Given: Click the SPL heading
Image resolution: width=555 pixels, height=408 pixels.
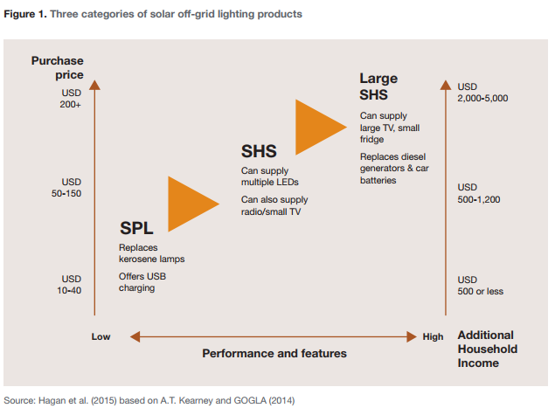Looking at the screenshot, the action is pos(136,228).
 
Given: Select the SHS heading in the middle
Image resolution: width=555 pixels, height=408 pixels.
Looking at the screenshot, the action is pos(259,151).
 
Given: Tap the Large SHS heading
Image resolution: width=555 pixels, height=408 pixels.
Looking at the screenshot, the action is pos(378,86).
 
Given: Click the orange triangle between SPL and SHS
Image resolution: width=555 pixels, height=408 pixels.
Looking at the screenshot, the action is pos(193,204).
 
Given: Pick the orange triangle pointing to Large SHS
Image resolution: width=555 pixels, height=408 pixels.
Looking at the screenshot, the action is pos(321,127).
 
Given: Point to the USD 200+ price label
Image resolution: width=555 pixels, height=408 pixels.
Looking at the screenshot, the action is pos(71,99).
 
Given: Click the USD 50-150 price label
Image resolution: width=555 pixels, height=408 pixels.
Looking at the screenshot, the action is pos(66,188).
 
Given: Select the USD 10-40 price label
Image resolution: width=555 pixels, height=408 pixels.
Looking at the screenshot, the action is pos(69,285).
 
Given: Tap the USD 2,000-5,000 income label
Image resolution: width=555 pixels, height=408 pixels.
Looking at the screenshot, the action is pos(482,93).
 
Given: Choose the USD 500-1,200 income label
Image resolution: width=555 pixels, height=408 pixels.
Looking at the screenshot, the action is pos(479,193).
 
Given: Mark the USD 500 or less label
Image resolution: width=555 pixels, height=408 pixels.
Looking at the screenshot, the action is pos(481,285).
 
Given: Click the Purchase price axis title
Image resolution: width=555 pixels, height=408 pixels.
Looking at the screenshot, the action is pos(58,67).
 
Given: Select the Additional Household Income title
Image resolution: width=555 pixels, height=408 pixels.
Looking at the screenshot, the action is pos(488,349).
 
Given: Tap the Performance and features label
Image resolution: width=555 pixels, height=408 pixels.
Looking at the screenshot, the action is pos(274,353).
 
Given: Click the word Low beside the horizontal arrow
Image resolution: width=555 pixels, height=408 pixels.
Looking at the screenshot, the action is pos(101,336).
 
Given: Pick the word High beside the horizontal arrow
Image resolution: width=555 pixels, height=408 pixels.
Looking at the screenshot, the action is pos(433,336).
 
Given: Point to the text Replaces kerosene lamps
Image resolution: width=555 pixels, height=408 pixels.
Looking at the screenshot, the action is pos(151,253).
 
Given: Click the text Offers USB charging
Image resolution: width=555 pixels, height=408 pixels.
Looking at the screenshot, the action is pos(142,282).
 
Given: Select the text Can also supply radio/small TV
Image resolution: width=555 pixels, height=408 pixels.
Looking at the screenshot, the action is pos(274,205).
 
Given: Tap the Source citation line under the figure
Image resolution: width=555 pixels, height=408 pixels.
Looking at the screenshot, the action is pos(149,400).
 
